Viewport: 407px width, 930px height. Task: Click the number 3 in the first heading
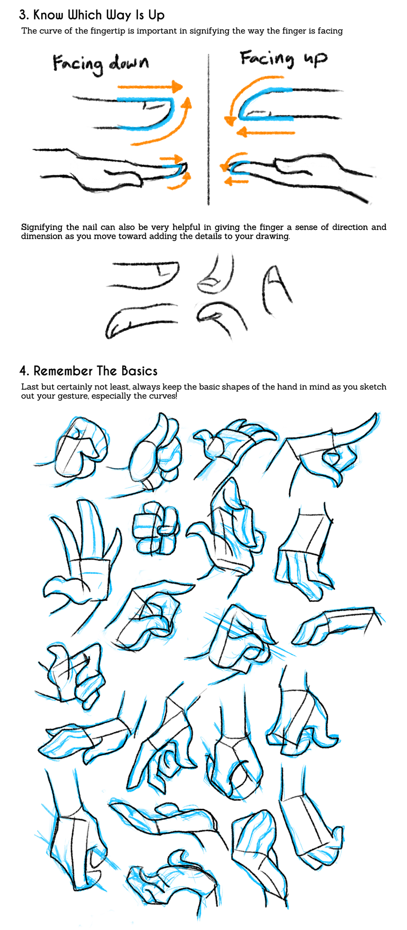(23, 15)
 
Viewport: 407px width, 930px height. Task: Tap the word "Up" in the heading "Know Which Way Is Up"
(156, 15)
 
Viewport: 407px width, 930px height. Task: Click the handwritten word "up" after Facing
(315, 59)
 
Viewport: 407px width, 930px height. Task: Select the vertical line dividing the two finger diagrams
(208, 129)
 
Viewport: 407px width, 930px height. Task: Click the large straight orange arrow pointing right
(150, 86)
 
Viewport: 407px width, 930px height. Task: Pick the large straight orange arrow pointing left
(266, 131)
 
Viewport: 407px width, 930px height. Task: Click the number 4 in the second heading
(23, 371)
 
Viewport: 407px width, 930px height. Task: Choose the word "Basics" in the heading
(139, 371)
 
